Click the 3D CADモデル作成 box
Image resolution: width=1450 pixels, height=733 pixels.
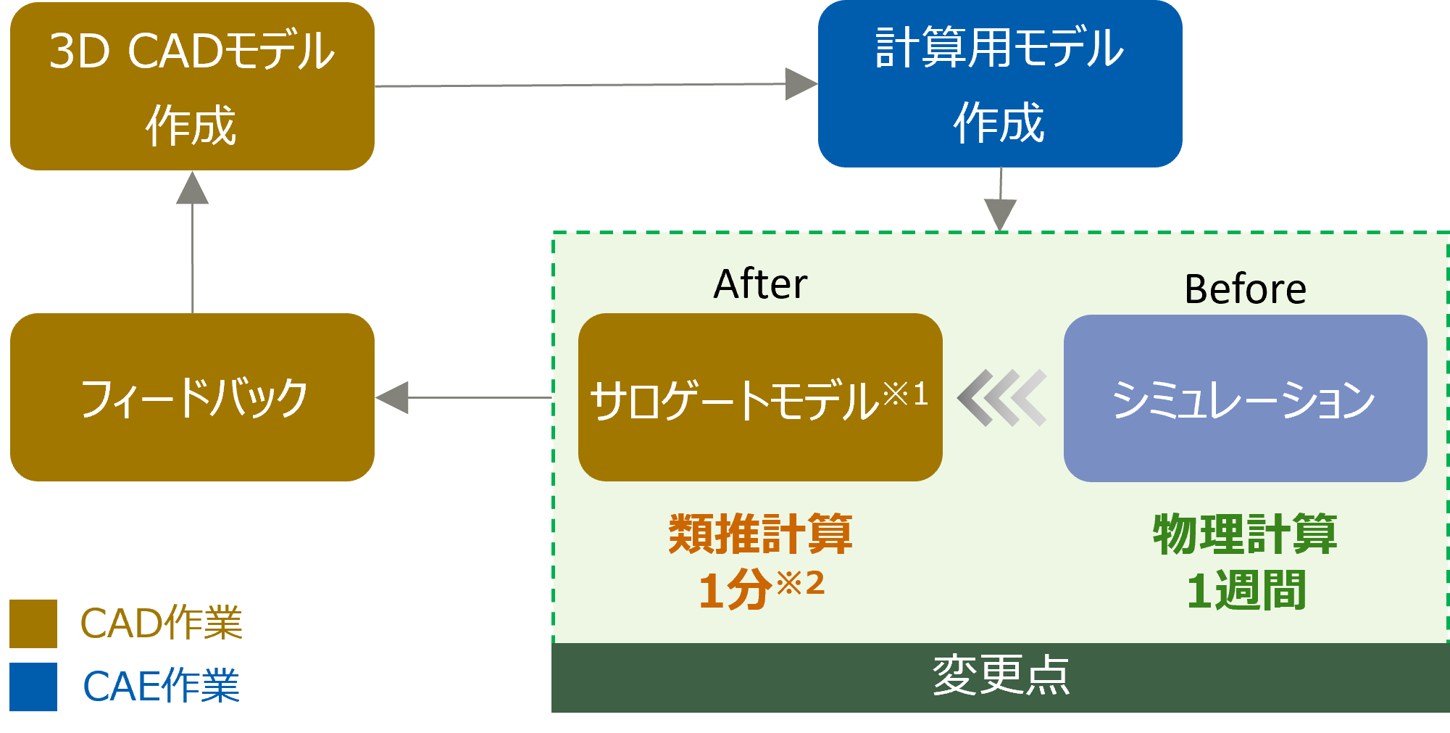[x=192, y=86]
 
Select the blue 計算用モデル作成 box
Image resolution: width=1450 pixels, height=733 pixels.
[x=1000, y=84]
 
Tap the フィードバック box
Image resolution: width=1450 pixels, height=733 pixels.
[x=192, y=397]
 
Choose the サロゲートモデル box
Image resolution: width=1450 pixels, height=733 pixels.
[x=760, y=397]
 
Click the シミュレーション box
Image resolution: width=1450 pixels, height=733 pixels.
[x=1245, y=398]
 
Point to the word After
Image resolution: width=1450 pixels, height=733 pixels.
[x=760, y=284]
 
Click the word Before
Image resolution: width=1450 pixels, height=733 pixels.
[x=1245, y=289]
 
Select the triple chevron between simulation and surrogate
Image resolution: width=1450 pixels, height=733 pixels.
[x=1002, y=398]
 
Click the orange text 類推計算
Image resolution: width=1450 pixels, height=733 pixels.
[x=760, y=534]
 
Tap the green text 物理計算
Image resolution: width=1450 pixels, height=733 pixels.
[x=1245, y=534]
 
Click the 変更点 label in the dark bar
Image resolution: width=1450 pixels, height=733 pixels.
[x=1001, y=676]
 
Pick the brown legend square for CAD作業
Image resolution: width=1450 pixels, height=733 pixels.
[x=33, y=624]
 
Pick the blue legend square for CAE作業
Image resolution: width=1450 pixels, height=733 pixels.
[x=33, y=687]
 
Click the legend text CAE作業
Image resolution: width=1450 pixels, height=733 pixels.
[x=161, y=686]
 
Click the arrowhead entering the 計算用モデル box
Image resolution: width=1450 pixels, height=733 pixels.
[x=801, y=84]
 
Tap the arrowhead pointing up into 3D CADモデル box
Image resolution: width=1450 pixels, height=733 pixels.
[x=193, y=189]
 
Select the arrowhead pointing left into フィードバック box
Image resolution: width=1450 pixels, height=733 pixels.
[x=393, y=398]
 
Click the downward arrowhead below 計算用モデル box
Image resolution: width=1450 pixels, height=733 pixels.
[x=1000, y=215]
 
